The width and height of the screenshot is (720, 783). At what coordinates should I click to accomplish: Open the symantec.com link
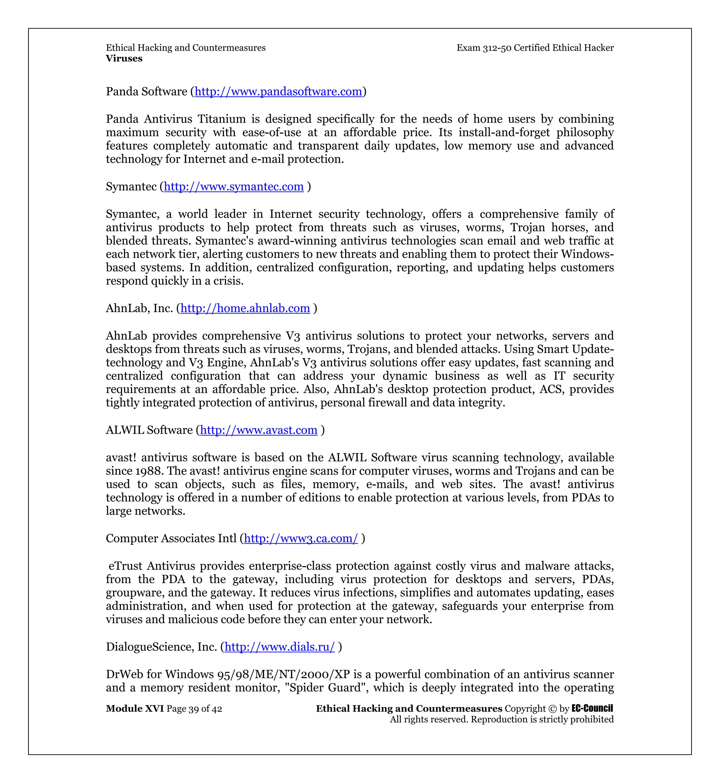click(233, 187)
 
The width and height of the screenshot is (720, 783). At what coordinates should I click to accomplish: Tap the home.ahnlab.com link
click(245, 308)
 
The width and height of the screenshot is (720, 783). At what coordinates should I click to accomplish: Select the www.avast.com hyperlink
click(259, 430)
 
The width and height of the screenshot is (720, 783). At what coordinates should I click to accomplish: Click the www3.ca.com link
click(301, 538)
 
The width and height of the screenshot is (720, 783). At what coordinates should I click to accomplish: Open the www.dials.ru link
click(279, 647)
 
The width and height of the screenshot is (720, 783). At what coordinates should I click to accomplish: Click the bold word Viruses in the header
click(124, 58)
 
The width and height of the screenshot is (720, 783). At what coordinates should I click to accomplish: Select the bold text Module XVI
click(135, 708)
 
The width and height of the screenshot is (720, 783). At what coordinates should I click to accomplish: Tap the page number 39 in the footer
click(194, 709)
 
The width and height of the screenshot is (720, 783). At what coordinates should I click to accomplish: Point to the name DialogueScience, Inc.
click(161, 647)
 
